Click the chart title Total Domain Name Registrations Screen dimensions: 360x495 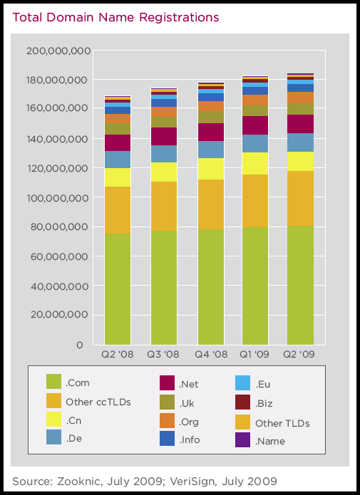[x=115, y=17]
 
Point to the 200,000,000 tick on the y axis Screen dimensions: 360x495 [x=58, y=51]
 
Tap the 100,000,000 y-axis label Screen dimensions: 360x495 [x=58, y=198]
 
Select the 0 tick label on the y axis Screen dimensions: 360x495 [x=79, y=345]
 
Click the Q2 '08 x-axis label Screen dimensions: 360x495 [x=117, y=354]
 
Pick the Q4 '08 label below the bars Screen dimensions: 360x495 [x=211, y=354]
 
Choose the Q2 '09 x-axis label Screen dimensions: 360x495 [x=299, y=354]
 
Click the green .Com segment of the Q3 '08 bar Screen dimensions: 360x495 [x=164, y=288]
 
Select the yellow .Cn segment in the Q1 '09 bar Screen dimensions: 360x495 [x=255, y=164]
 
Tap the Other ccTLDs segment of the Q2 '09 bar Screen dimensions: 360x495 [x=300, y=198]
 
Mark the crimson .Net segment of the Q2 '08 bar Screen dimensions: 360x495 [x=118, y=142]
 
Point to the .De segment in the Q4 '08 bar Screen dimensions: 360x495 [x=211, y=150]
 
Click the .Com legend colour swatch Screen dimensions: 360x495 [x=53, y=381]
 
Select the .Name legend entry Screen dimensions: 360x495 [x=259, y=439]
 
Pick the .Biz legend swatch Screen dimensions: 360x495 [x=243, y=402]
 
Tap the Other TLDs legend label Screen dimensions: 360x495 [x=282, y=423]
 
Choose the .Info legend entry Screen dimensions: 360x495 [x=180, y=439]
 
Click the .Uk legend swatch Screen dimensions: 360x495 [x=168, y=402]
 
